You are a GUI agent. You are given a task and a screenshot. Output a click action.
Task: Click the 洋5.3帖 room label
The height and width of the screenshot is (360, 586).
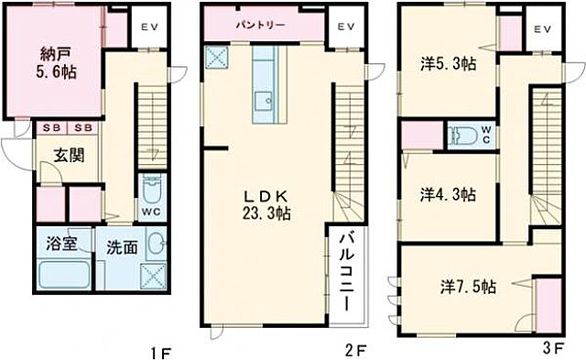pyautogui.click(x=450, y=64)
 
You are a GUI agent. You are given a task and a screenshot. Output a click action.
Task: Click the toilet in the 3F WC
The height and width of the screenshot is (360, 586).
pyautogui.click(x=464, y=136)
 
